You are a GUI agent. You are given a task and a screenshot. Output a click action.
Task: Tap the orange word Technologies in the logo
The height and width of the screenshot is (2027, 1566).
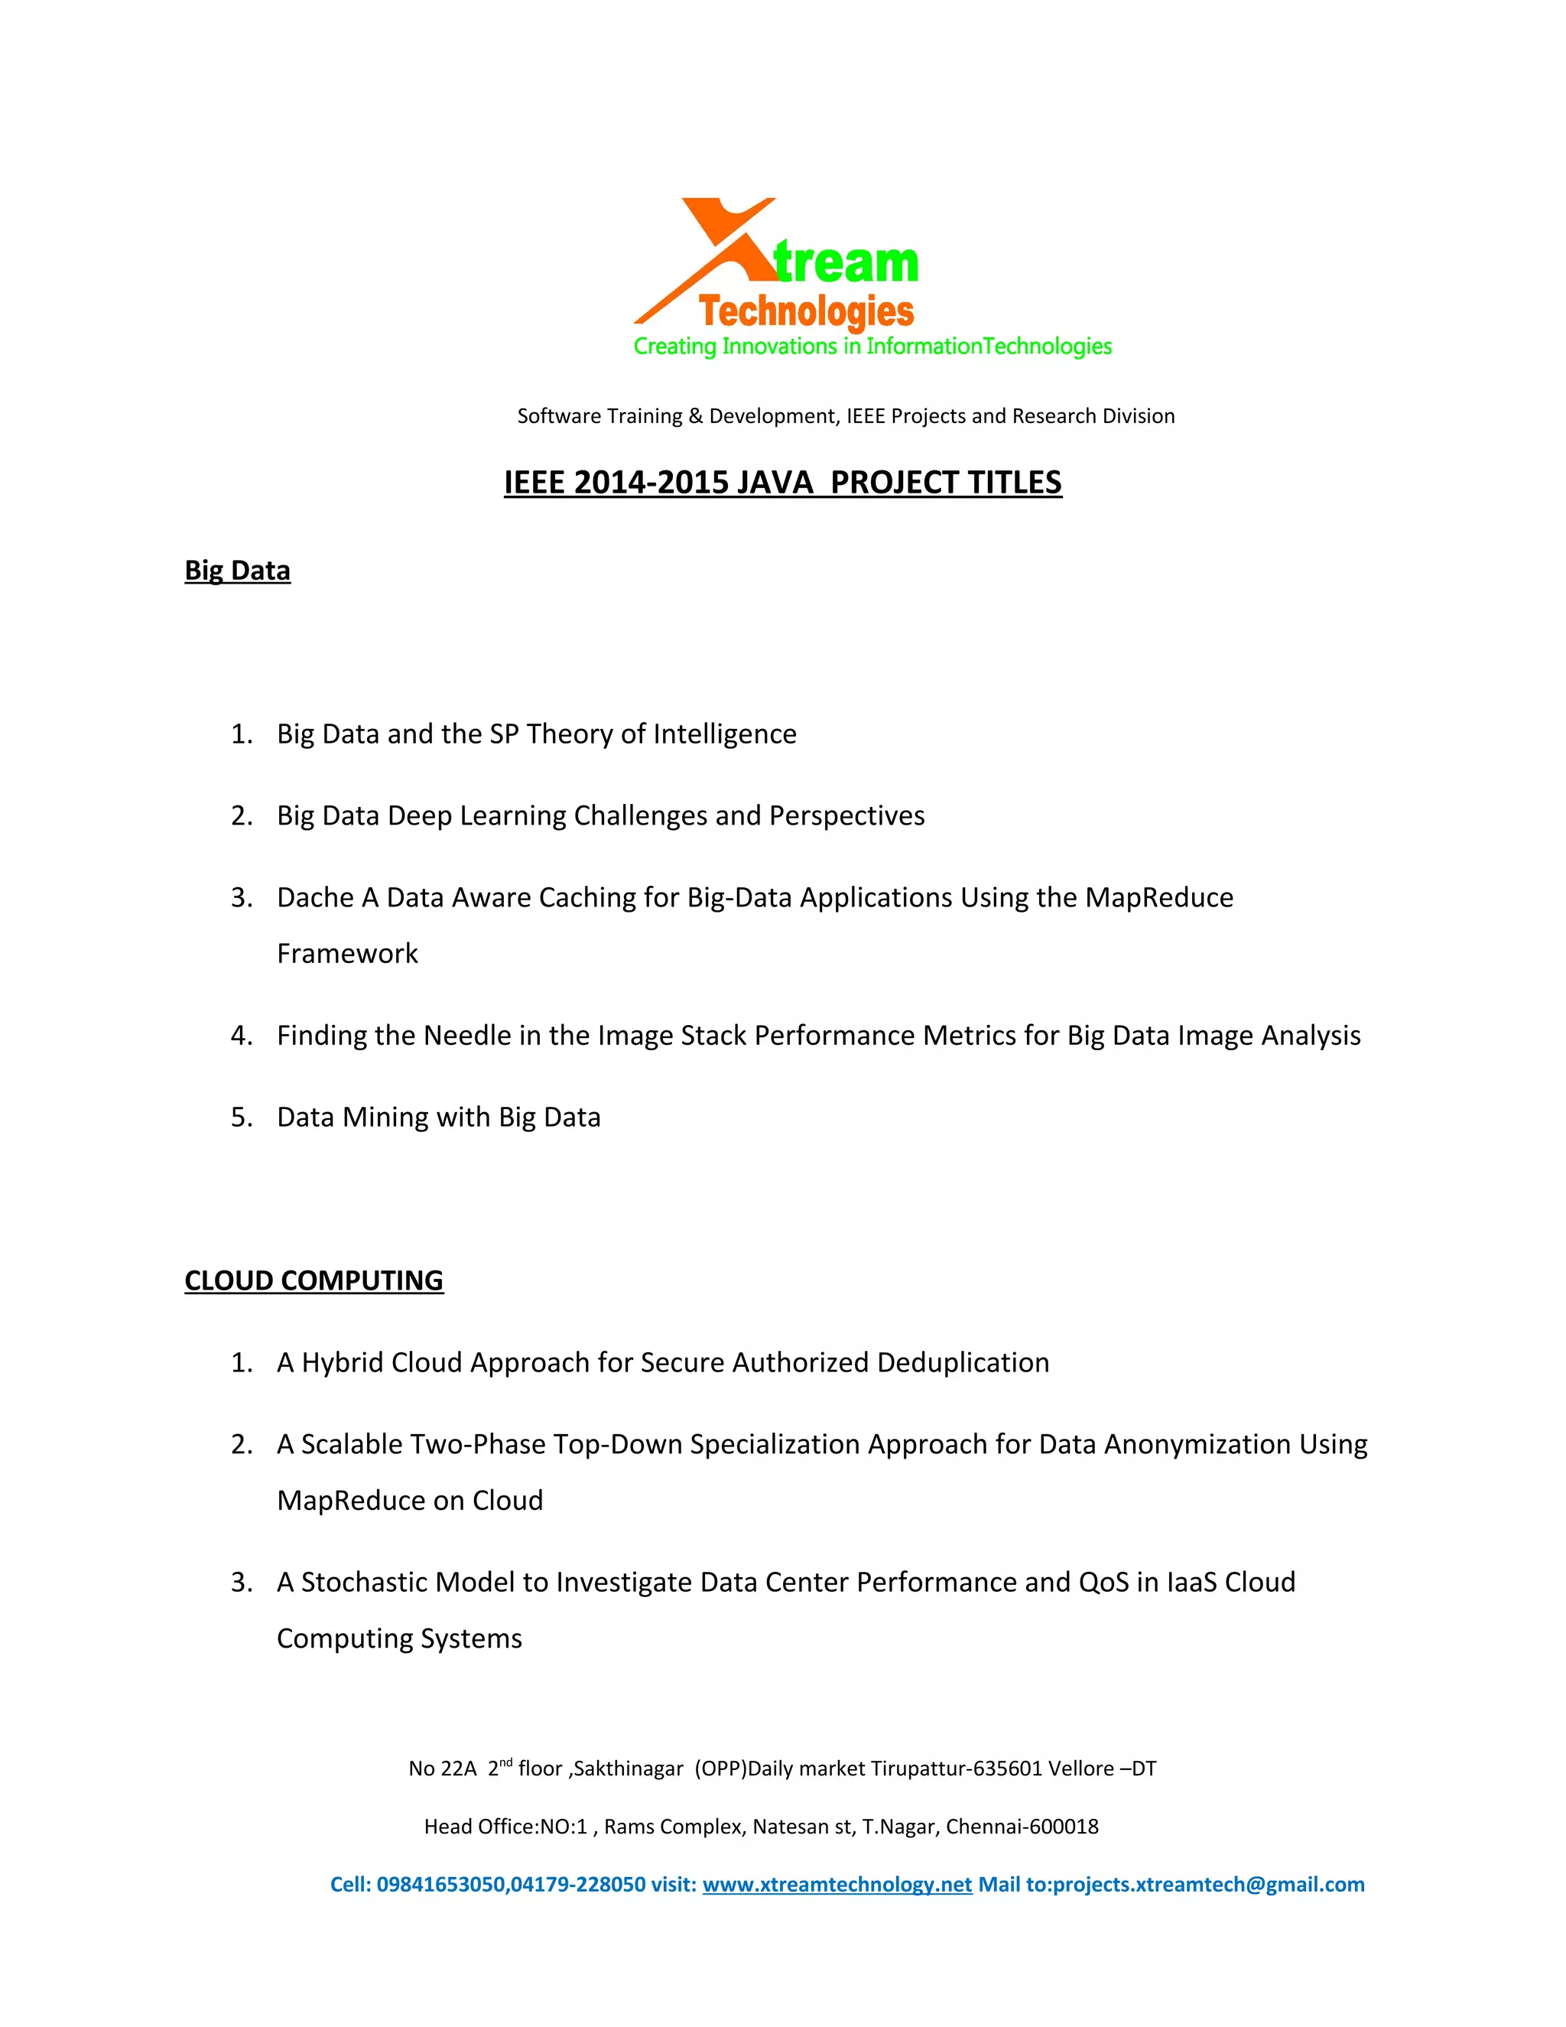pyautogui.click(x=806, y=312)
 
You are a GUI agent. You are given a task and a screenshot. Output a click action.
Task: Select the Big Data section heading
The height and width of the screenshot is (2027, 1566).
pyautogui.click(x=238, y=570)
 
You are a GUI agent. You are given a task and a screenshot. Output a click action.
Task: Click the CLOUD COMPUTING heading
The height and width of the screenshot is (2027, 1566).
pyautogui.click(x=314, y=1280)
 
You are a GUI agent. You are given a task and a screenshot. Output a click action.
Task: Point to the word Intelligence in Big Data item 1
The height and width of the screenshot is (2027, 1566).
pyautogui.click(x=725, y=734)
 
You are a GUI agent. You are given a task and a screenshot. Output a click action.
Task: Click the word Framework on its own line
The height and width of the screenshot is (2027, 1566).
pyautogui.click(x=347, y=954)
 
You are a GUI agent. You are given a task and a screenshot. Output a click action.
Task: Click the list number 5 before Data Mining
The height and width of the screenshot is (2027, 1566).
pyautogui.click(x=240, y=1118)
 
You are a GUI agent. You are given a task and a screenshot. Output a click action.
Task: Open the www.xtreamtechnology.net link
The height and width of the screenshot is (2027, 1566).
pyautogui.click(x=837, y=1885)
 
